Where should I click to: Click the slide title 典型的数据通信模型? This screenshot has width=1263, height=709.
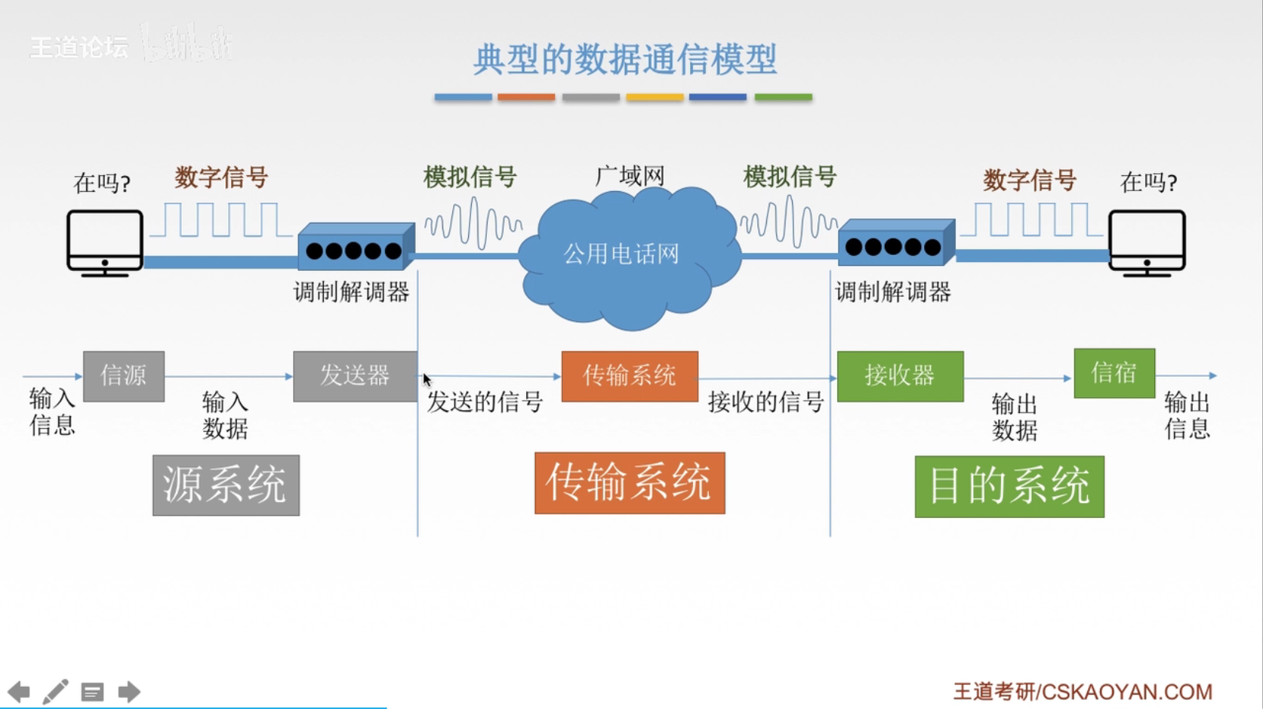pos(624,59)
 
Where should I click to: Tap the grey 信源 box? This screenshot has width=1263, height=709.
pos(124,375)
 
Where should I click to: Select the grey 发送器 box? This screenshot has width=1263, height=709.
pos(354,375)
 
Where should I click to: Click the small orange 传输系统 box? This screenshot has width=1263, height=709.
pos(629,375)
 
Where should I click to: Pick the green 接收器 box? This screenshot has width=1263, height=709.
pos(900,375)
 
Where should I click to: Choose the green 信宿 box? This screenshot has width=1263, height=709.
pos(1114,372)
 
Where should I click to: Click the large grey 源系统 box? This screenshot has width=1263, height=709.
pos(226,485)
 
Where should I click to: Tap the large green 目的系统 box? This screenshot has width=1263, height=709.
pos(1009,486)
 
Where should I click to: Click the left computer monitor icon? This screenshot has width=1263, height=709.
pos(104,242)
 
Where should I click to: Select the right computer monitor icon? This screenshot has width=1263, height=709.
pos(1146,242)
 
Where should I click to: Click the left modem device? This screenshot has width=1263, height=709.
pos(355,246)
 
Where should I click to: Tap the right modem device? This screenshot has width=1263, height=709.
pos(895,242)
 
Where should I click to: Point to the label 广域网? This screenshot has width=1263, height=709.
pos(629,177)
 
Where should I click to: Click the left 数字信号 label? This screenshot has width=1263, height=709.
pos(221,178)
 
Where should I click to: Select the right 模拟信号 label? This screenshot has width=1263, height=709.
pos(790,177)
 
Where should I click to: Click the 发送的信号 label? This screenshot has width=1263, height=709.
pos(485,402)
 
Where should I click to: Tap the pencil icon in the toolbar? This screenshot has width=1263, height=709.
pos(55,692)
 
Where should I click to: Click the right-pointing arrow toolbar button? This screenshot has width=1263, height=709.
pos(129,692)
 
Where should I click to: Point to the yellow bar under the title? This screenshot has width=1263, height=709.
pos(655,97)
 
